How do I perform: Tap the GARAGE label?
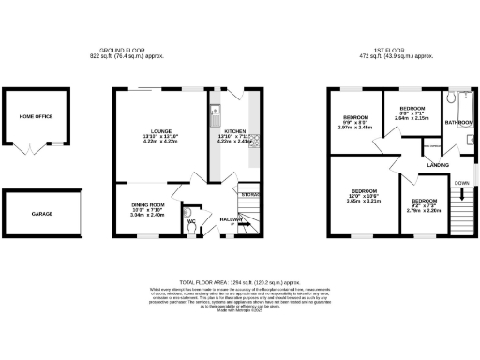tap(41, 214)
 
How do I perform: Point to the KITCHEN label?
tap(235, 132)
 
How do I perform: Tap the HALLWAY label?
tap(230, 218)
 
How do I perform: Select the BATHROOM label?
tap(458, 123)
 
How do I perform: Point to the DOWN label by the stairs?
tap(461, 182)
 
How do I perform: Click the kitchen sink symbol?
tap(216, 116)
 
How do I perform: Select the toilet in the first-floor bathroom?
tap(467, 142)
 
